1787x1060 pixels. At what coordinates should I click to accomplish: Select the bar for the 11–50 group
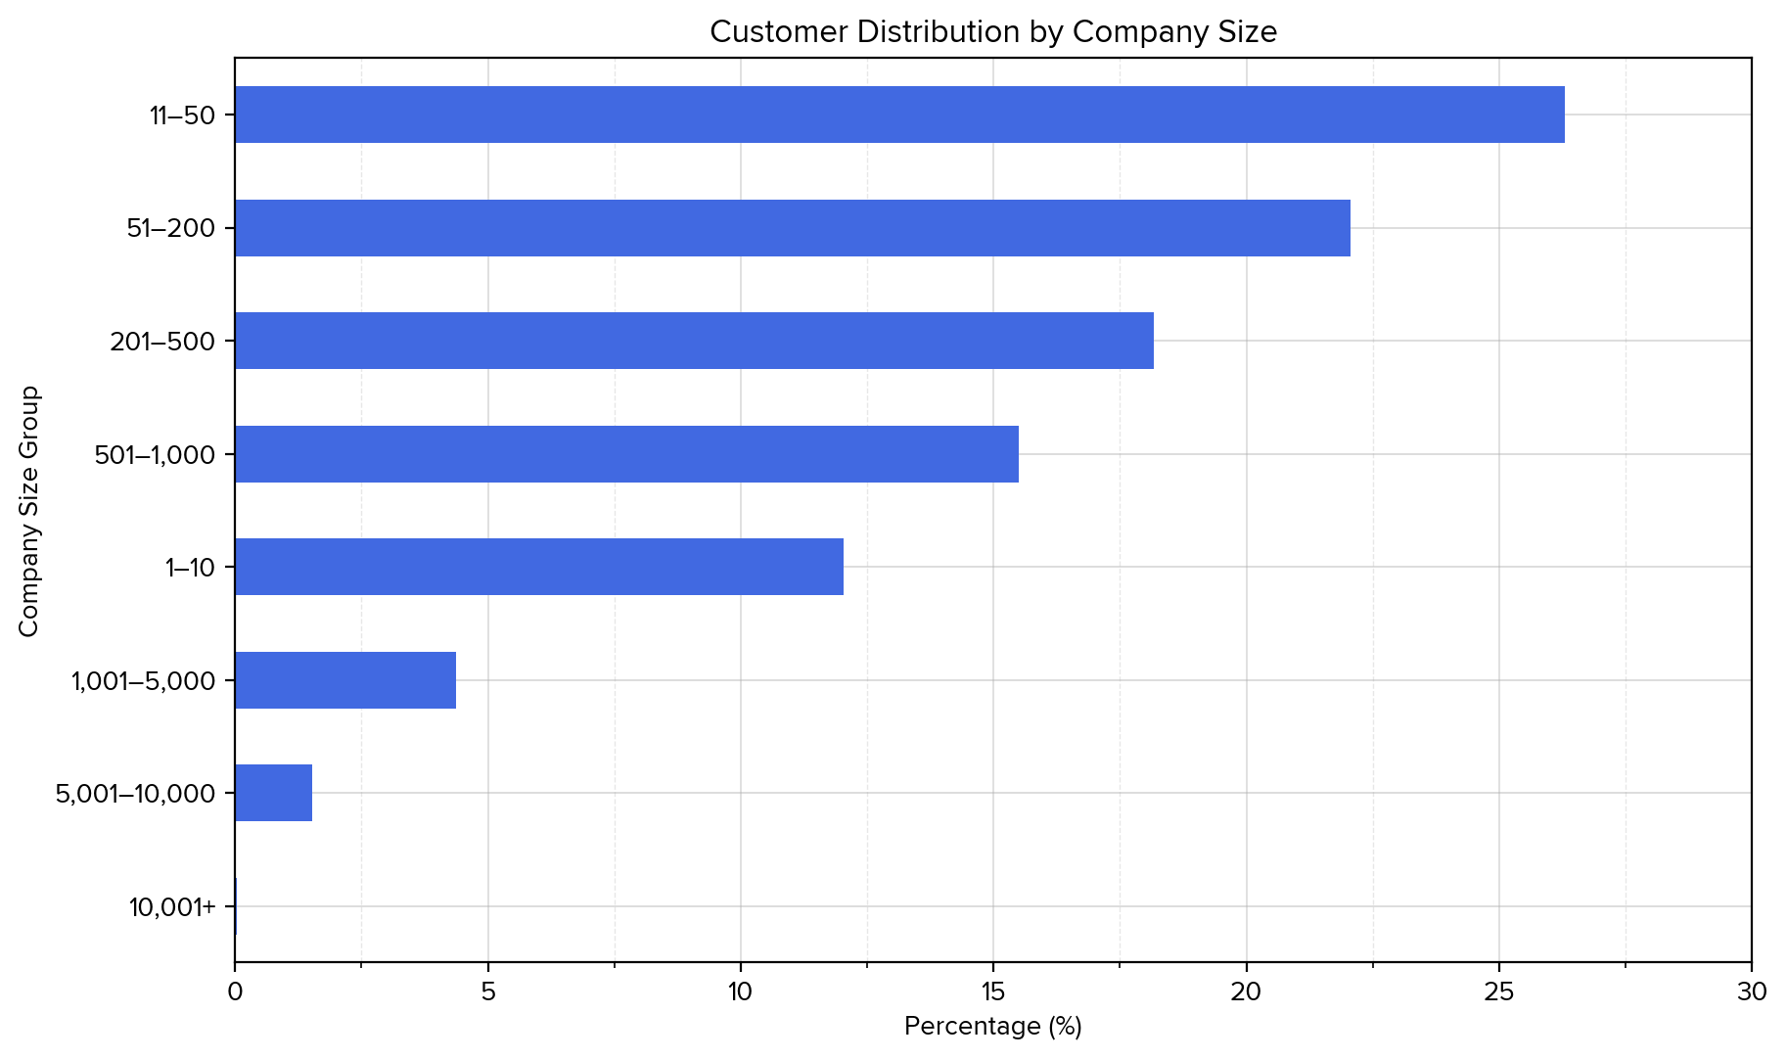pyautogui.click(x=899, y=115)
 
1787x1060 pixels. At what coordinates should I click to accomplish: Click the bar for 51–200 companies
pyautogui.click(x=793, y=228)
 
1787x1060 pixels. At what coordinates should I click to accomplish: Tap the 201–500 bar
pyautogui.click(x=694, y=341)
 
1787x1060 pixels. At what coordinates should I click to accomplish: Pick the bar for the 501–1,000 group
pyautogui.click(x=626, y=454)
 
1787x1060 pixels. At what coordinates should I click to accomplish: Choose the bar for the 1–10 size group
pyautogui.click(x=539, y=567)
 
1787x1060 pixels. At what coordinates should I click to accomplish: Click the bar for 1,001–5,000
pyautogui.click(x=345, y=680)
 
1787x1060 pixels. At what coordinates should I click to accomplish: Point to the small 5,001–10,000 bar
pyautogui.click(x=274, y=793)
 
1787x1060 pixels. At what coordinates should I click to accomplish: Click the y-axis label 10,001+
pyautogui.click(x=172, y=907)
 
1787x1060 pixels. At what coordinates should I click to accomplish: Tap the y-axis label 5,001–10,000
pyautogui.click(x=135, y=794)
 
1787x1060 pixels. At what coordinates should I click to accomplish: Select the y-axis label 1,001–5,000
pyautogui.click(x=143, y=681)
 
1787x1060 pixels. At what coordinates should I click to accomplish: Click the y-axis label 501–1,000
pyautogui.click(x=155, y=455)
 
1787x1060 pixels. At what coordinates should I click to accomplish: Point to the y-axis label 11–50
pyautogui.click(x=182, y=115)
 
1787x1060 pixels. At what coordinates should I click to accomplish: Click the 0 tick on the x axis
pyautogui.click(x=235, y=992)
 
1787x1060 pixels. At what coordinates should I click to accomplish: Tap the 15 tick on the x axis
pyautogui.click(x=992, y=992)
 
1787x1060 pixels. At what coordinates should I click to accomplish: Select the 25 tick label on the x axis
pyautogui.click(x=1498, y=992)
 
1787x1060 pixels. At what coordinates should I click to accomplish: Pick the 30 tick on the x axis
pyautogui.click(x=1751, y=992)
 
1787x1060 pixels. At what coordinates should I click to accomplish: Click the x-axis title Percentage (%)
pyautogui.click(x=992, y=1027)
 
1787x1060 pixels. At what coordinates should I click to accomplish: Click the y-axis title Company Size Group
pyautogui.click(x=29, y=511)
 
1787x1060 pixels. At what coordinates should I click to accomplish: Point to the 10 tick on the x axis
pyautogui.click(x=740, y=992)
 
